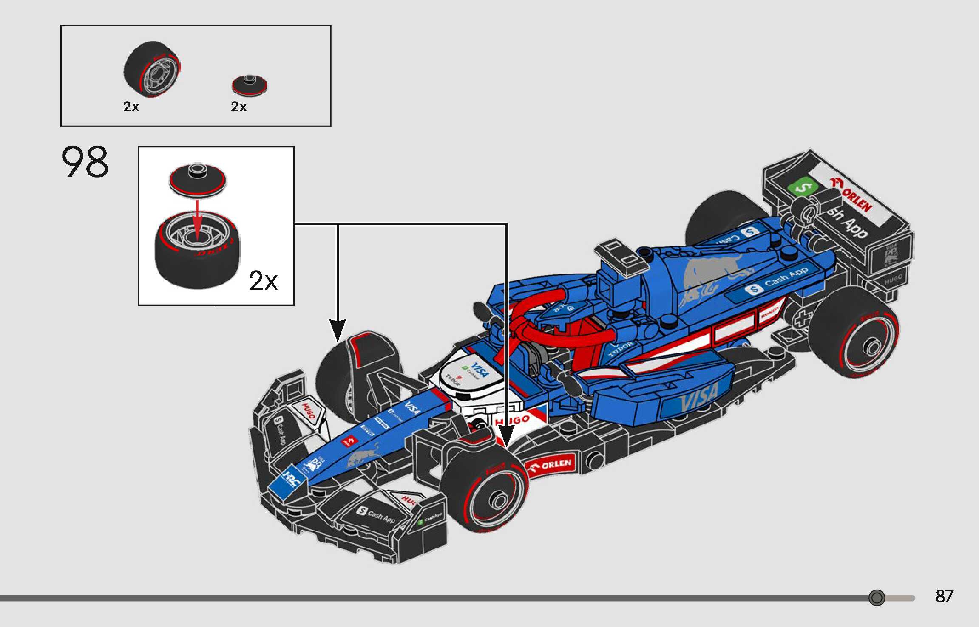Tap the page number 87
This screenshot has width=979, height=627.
pyautogui.click(x=944, y=596)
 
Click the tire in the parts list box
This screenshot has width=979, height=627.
pyautogui.click(x=152, y=69)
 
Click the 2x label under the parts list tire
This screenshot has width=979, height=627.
pyautogui.click(x=131, y=107)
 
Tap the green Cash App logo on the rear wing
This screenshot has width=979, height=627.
pyautogui.click(x=801, y=186)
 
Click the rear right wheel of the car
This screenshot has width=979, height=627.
pyautogui.click(x=854, y=333)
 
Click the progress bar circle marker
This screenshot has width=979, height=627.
pyautogui.click(x=877, y=598)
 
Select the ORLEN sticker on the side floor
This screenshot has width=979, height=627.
pyautogui.click(x=553, y=465)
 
